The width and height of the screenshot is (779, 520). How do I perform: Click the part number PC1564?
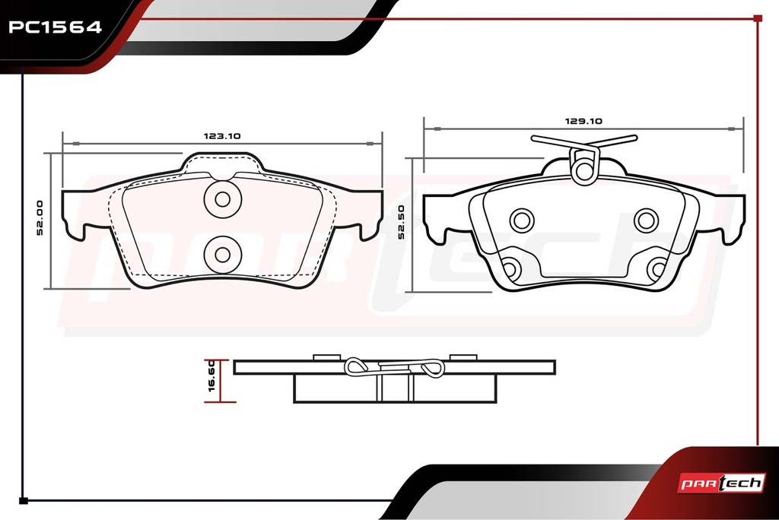coord(55,27)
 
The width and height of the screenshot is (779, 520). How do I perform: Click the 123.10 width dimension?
coord(222,135)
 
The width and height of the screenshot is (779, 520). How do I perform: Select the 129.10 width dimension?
coord(583,121)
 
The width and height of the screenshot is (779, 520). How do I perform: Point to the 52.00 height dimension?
coord(40,217)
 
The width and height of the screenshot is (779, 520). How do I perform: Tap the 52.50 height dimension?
coord(401,222)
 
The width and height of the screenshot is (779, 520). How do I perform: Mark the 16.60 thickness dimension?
coord(211,376)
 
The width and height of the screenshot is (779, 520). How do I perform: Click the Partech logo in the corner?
coord(721,483)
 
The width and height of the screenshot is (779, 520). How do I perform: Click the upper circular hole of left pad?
coord(223,199)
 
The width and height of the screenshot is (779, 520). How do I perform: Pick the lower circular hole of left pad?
coord(223,254)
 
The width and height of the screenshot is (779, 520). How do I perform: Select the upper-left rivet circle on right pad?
coord(522,220)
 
